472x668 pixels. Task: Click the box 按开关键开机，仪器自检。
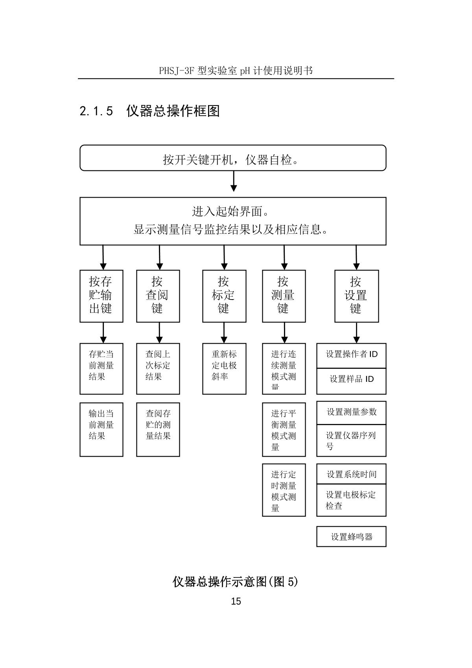[233, 158]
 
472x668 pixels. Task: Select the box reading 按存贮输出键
[101, 296]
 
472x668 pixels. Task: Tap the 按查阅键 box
[158, 296]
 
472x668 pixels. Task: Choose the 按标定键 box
[224, 296]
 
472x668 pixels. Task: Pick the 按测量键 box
[284, 296]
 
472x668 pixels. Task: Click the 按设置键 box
[356, 296]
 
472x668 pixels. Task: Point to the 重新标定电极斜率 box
[224, 368]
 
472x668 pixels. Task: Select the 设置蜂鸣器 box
[351, 537]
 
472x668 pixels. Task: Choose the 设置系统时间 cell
[351, 474]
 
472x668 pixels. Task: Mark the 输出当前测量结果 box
[101, 429]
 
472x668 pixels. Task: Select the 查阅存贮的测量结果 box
[158, 429]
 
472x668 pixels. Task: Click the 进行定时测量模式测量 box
[284, 490]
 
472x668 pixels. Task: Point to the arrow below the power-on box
[234, 182]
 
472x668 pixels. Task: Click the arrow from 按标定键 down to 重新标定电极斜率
[224, 333]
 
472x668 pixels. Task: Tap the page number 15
[236, 601]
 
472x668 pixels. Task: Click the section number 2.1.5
[96, 111]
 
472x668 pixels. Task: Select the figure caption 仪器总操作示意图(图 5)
[235, 581]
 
